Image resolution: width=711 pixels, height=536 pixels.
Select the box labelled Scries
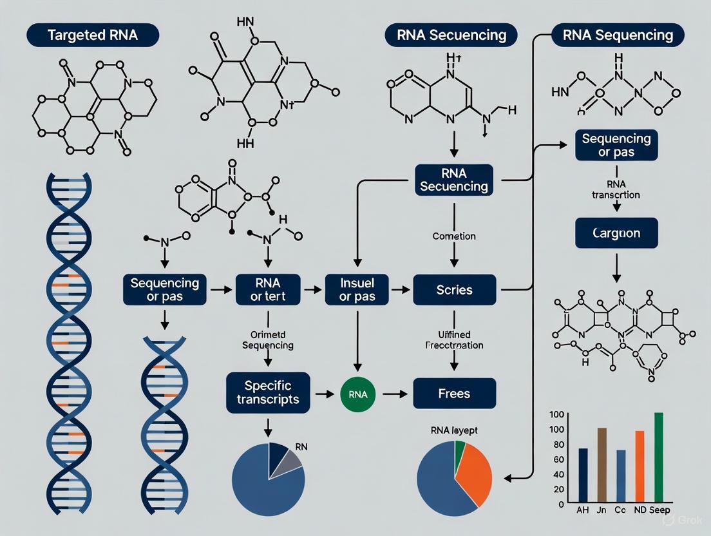454,290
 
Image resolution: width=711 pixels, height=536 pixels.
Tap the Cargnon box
616,233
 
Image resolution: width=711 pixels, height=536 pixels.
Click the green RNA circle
357,393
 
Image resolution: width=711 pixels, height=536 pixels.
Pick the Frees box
454,393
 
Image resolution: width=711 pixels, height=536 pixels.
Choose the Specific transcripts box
268,392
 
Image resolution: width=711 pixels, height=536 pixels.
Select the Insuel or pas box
357,290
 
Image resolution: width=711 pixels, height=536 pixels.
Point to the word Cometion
454,236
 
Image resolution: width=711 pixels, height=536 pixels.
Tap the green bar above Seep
658,458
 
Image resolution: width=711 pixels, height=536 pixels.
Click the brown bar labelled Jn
602,466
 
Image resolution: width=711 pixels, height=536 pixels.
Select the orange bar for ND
640,467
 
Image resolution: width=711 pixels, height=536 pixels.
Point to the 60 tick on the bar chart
558,459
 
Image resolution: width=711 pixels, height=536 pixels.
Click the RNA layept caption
454,430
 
